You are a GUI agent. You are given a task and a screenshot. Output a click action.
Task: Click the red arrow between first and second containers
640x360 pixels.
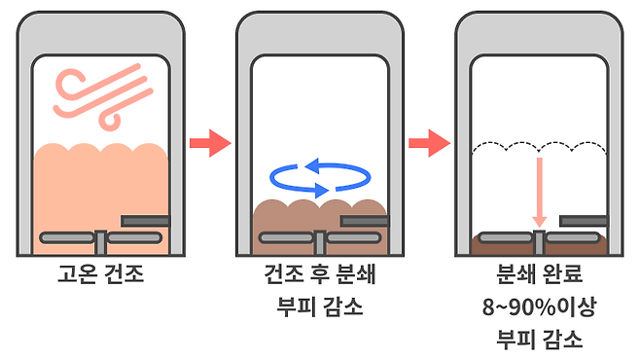click(x=211, y=143)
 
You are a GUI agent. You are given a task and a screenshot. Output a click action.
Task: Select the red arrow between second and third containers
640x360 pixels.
click(x=429, y=143)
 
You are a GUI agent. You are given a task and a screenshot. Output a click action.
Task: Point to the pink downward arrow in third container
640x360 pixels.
click(x=540, y=192)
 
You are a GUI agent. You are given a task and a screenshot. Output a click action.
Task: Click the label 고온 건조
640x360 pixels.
click(x=101, y=273)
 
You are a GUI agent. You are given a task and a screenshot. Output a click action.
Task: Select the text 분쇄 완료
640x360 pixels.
click(x=540, y=273)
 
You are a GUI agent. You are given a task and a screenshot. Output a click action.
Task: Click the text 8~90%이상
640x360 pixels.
click(x=540, y=306)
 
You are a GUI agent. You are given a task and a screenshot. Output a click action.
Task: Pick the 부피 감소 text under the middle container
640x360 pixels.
click(x=320, y=306)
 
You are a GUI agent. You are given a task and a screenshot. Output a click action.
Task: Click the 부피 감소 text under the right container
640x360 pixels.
click(x=540, y=340)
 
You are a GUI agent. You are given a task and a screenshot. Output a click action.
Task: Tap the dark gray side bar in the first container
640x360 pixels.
click(x=145, y=221)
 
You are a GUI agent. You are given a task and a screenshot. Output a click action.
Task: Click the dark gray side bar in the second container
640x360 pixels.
click(x=365, y=221)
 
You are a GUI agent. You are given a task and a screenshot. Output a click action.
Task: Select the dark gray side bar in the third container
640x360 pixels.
click(x=584, y=221)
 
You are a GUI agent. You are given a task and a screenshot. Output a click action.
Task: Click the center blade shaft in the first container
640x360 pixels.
click(x=101, y=242)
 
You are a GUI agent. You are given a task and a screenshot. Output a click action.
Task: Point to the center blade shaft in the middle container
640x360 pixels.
click(x=320, y=242)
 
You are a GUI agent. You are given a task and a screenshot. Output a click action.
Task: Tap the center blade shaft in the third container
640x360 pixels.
click(x=540, y=242)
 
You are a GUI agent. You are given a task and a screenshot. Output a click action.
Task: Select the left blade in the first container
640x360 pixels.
click(x=67, y=237)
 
